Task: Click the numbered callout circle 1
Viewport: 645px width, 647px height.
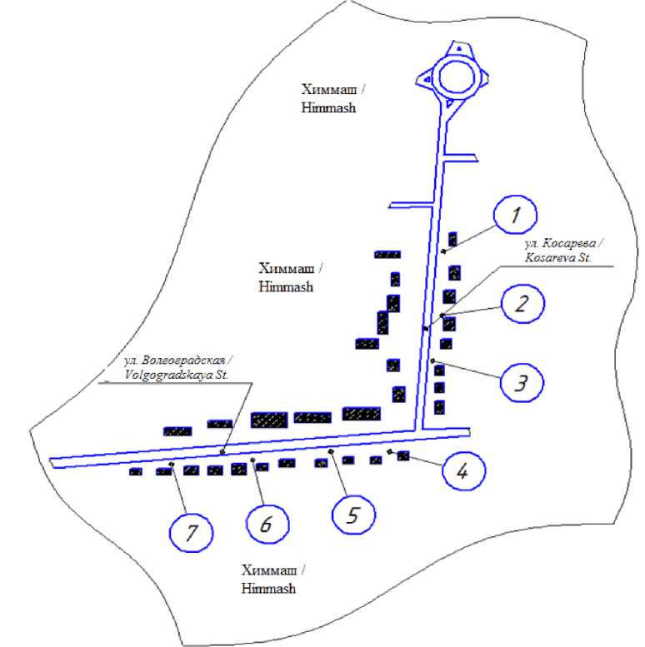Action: (x=517, y=214)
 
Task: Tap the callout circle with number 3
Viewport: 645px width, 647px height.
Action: (x=521, y=384)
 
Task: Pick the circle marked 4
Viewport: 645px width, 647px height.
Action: (x=461, y=471)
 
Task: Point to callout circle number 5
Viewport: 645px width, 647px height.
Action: (x=353, y=515)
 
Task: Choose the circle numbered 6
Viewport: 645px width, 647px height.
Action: (x=268, y=525)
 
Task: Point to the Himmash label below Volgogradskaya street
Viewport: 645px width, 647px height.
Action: (x=274, y=579)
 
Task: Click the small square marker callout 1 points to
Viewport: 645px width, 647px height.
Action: (x=444, y=250)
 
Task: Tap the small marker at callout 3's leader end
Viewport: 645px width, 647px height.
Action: (x=432, y=360)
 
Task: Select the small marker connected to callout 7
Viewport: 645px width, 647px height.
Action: (x=171, y=464)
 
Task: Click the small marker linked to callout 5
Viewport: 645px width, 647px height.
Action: (x=331, y=451)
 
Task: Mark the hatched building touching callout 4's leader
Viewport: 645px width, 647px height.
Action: (x=404, y=455)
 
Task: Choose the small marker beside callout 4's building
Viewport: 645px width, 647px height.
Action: (x=390, y=450)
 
